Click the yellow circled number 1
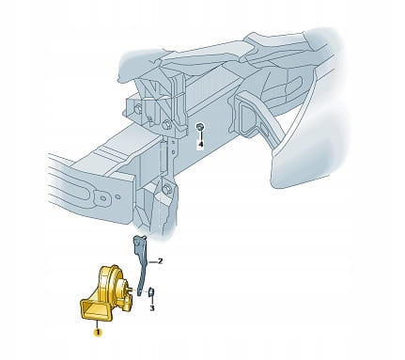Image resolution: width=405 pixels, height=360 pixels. point(98,332)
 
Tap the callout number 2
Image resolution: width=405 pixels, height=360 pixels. point(160,261)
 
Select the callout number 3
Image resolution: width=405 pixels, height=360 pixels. point(152,308)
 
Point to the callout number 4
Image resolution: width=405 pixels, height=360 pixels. point(200,144)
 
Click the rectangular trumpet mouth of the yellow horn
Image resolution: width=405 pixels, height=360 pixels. point(96,309)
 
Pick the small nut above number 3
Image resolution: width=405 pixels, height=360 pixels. point(150,292)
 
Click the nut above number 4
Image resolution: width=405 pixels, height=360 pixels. point(199,127)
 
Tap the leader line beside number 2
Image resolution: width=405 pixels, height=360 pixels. point(153,261)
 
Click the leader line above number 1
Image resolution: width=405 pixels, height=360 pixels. point(98,324)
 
